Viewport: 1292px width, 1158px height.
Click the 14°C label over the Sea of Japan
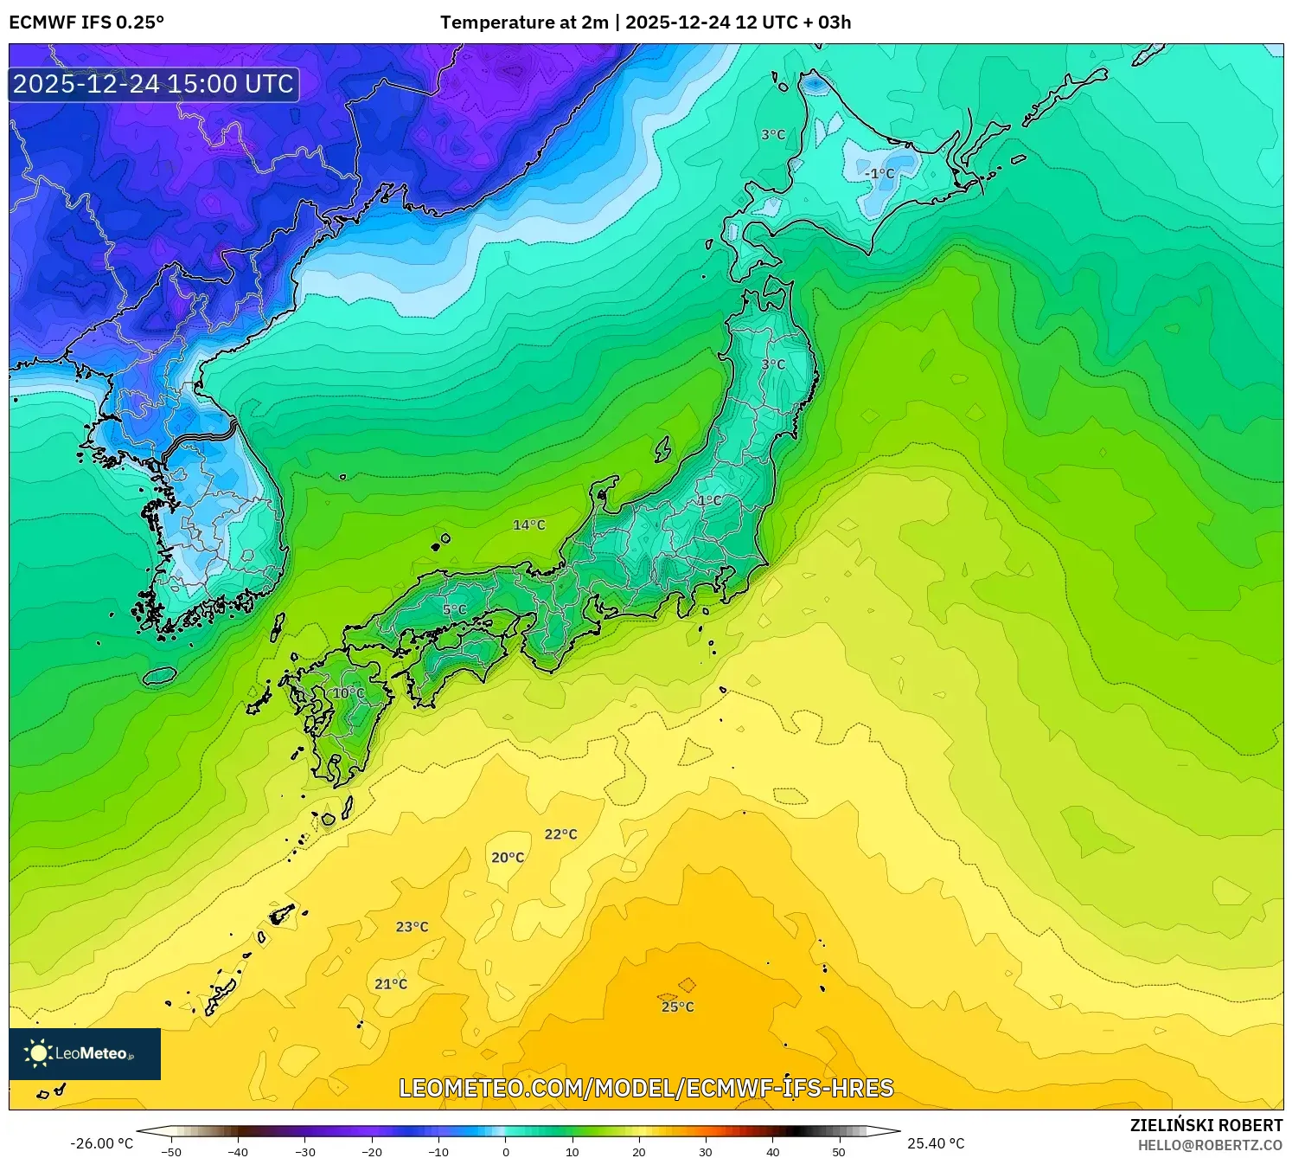click(529, 525)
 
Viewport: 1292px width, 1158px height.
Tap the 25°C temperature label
click(678, 1007)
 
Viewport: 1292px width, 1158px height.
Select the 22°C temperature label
click(560, 834)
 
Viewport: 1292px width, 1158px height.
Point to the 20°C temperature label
click(508, 858)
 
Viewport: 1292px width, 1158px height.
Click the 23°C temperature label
click(413, 927)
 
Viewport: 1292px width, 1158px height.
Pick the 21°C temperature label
click(391, 984)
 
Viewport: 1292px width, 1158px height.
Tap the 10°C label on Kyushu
click(349, 693)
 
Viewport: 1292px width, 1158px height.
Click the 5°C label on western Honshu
click(455, 610)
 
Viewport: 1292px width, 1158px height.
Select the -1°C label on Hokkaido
click(879, 174)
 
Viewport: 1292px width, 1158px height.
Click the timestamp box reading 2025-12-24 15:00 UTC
click(154, 84)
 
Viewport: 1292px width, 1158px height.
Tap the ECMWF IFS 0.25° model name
click(86, 23)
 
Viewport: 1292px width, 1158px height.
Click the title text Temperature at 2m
click(524, 23)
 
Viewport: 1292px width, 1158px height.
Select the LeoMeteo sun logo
click(38, 1053)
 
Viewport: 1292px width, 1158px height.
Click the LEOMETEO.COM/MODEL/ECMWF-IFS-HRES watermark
click(646, 1088)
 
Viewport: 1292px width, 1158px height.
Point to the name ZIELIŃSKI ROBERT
click(1206, 1125)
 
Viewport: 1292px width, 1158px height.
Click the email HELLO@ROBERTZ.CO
click(1210, 1145)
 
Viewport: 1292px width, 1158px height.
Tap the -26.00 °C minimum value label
click(102, 1143)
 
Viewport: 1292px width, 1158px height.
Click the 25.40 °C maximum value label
click(936, 1143)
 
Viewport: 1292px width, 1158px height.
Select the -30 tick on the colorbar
click(305, 1152)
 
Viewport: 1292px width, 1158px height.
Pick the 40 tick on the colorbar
click(772, 1152)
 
